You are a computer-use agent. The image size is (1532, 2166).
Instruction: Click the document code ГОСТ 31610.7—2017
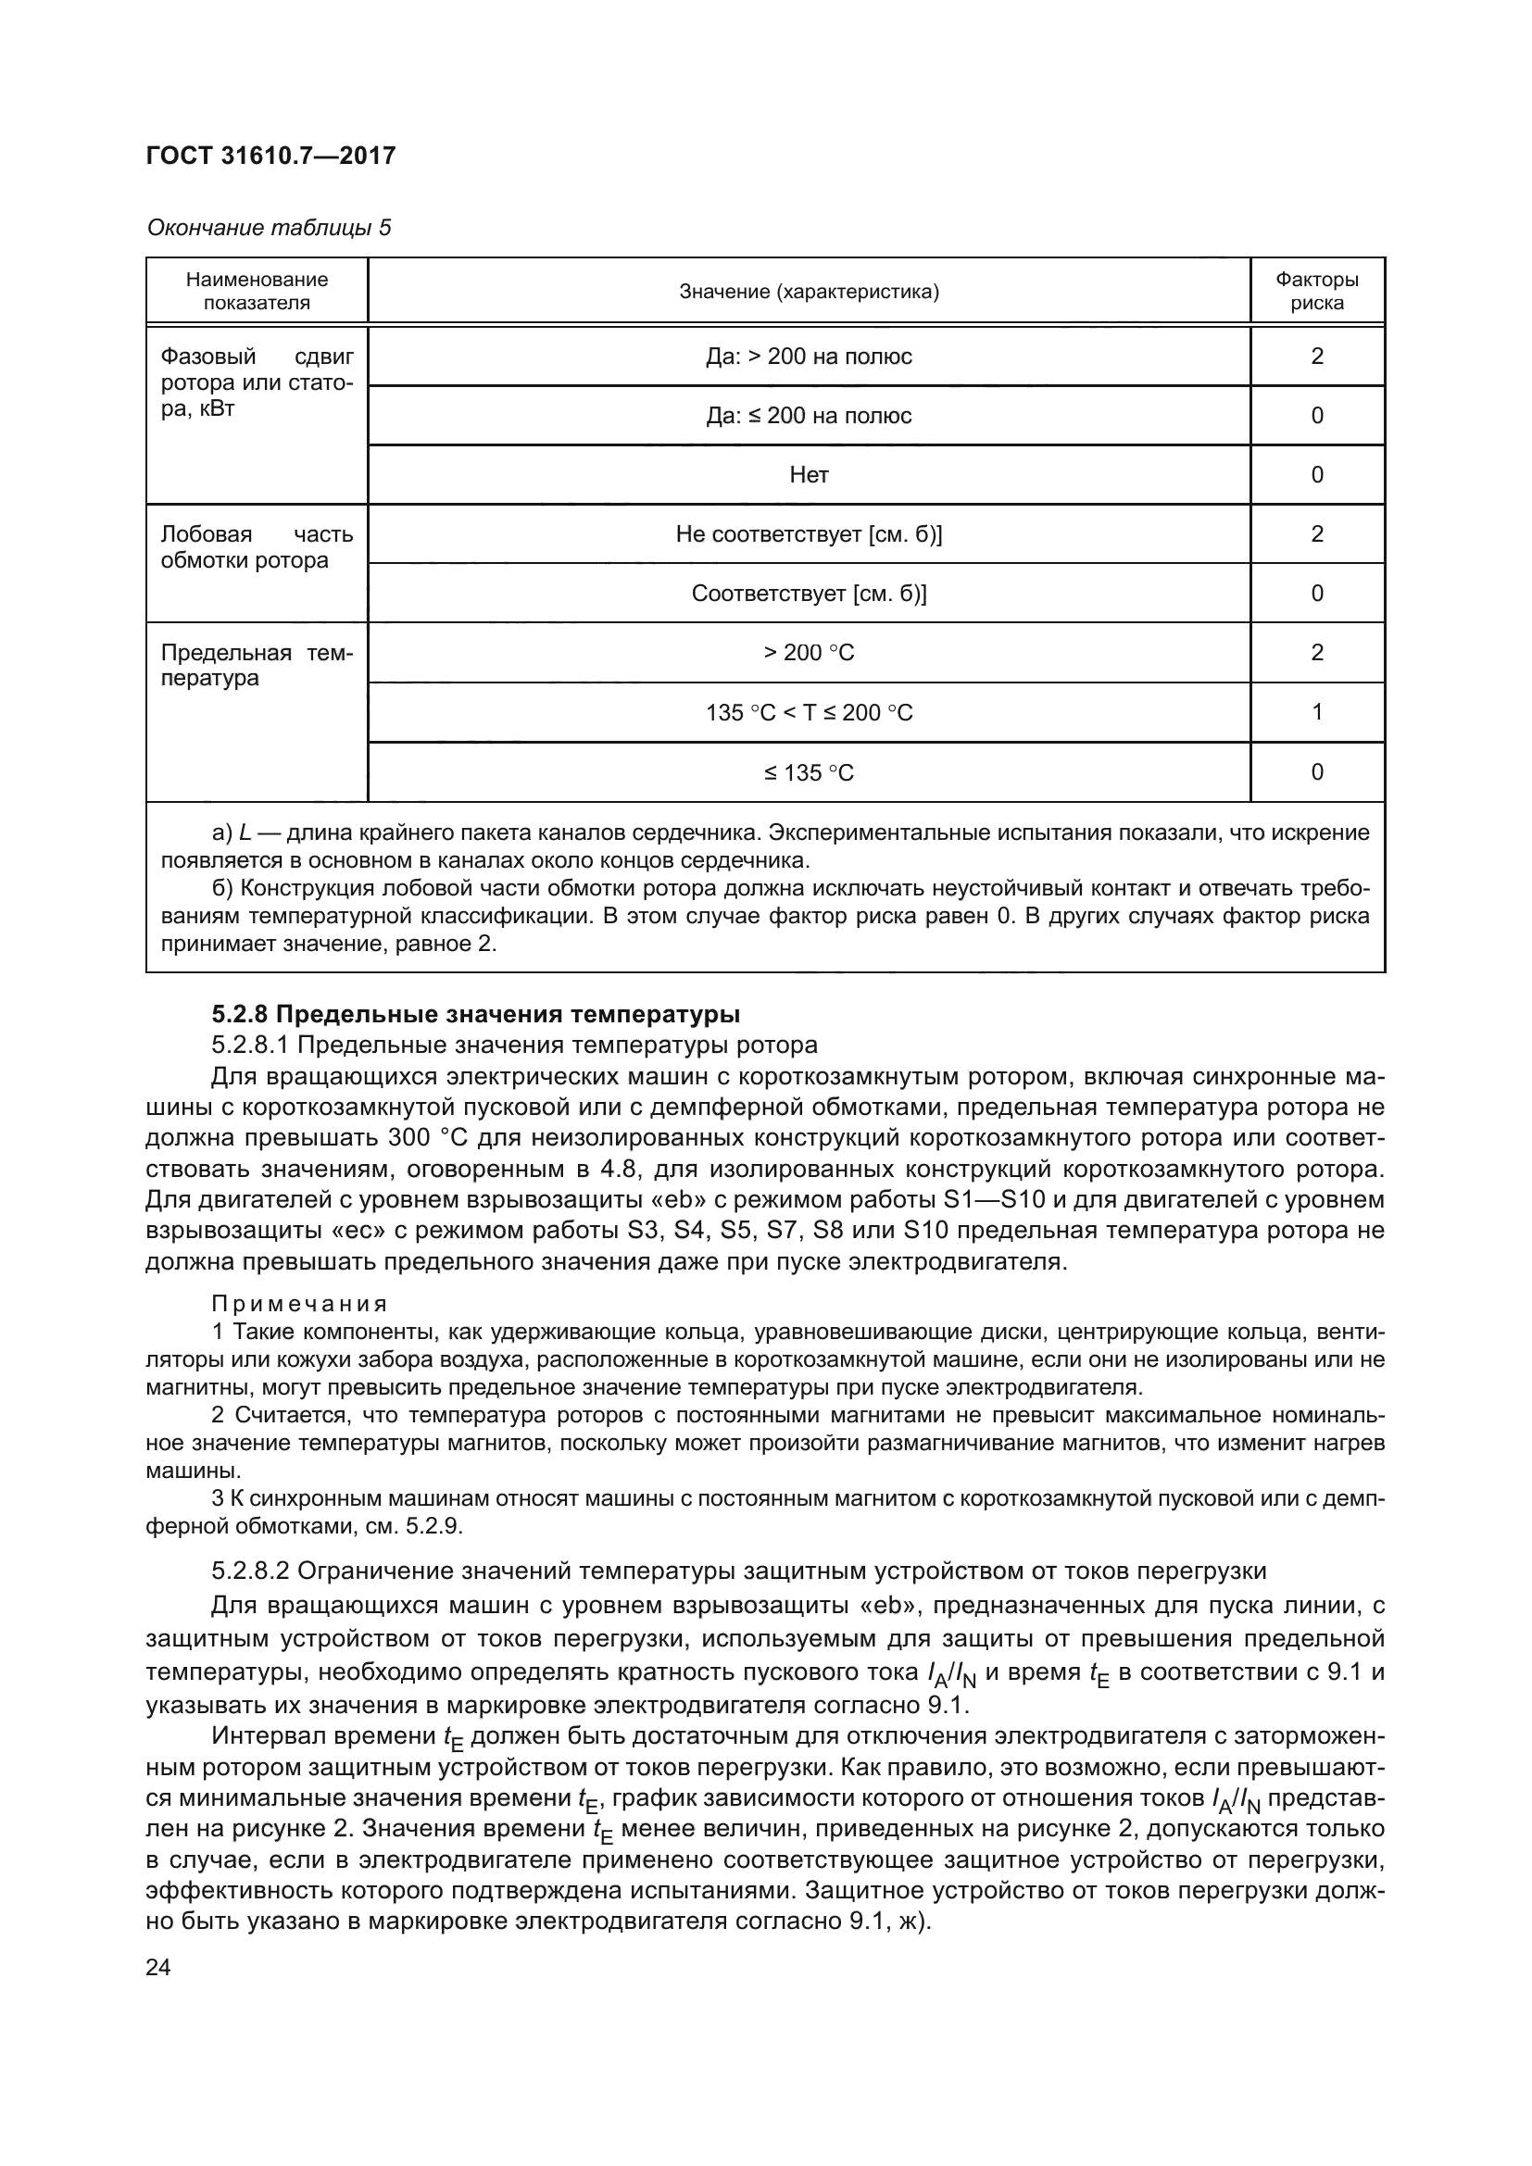coord(270,156)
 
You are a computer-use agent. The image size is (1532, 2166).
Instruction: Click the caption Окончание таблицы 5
coord(269,229)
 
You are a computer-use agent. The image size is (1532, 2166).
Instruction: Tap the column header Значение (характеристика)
coord(809,292)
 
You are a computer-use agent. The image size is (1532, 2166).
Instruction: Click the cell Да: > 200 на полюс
coord(809,357)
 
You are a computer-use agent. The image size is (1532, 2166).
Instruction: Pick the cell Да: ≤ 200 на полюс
coord(809,416)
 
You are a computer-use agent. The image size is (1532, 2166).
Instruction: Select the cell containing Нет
coord(809,475)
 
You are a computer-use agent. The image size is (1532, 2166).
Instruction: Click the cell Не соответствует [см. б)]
coord(809,535)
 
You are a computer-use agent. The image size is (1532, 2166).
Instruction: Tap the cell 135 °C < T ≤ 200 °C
coord(809,713)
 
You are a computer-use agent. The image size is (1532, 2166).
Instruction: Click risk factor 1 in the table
coord(1317,712)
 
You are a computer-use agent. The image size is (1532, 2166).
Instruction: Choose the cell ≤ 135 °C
coord(809,773)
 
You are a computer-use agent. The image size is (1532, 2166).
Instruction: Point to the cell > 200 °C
coord(809,653)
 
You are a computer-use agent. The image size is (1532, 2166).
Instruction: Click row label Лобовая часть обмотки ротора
coord(256,547)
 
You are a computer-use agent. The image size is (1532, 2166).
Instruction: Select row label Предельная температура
coord(256,665)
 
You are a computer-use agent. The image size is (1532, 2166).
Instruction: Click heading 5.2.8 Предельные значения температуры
coord(475,1014)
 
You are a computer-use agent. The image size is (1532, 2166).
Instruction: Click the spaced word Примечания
coord(299,1304)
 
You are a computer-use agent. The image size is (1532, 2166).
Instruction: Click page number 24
coord(158,1968)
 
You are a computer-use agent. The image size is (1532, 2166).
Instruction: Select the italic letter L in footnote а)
coord(245,833)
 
